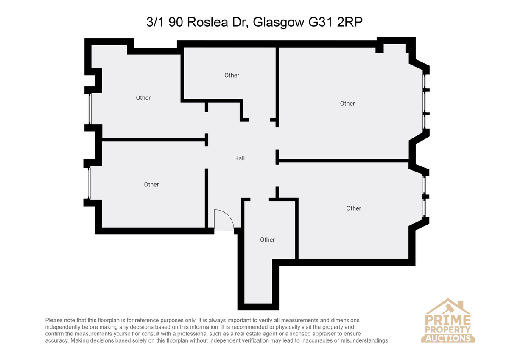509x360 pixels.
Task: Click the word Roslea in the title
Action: point(207,22)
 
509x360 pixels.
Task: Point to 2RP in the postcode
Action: point(350,22)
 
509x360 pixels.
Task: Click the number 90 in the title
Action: point(176,22)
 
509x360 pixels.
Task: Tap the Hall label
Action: point(239,158)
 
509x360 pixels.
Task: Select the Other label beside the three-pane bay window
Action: point(347,104)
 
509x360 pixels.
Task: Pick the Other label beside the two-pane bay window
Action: point(354,208)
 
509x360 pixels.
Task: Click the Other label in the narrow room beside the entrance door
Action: point(267,240)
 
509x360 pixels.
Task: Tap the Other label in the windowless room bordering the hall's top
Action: point(232,75)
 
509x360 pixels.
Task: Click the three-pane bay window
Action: point(425,101)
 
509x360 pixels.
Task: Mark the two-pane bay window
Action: point(424,197)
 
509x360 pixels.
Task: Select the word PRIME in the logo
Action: point(448,320)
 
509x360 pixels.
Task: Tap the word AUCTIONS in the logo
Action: point(448,338)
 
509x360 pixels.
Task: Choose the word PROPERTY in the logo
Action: point(448,329)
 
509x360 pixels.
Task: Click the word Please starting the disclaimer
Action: point(54,320)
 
